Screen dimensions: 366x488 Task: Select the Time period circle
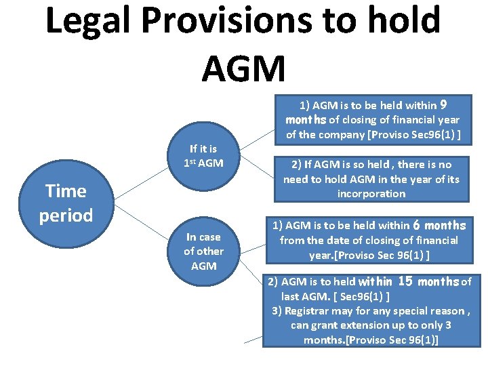(x=66, y=203)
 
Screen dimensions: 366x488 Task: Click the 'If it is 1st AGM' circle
(x=203, y=156)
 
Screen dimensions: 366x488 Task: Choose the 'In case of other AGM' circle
(x=203, y=251)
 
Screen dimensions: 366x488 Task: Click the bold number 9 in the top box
(x=443, y=104)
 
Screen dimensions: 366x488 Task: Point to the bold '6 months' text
(x=440, y=225)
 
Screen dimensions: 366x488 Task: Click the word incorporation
(x=372, y=194)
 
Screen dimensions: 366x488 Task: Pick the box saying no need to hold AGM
(x=371, y=179)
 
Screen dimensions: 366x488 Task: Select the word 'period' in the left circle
(x=66, y=216)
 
